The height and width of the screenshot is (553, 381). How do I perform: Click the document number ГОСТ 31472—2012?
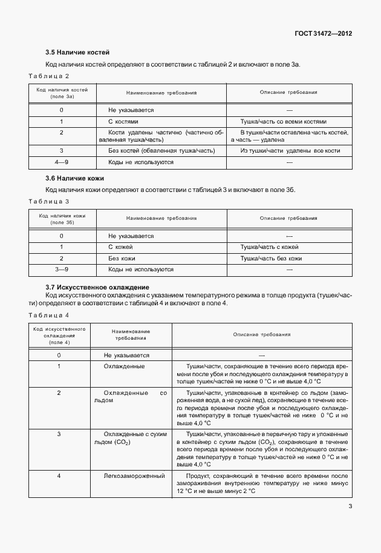323,33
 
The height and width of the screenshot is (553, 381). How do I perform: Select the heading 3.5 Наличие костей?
77,53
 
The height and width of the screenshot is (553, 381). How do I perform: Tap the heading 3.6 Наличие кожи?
74,179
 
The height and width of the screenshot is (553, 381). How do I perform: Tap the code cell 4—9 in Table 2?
62,162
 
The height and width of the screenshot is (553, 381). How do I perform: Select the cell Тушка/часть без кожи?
271,258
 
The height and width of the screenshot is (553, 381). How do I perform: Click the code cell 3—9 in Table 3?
62,269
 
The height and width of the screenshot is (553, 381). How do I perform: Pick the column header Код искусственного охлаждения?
59,335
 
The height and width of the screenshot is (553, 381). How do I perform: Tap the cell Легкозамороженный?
134,477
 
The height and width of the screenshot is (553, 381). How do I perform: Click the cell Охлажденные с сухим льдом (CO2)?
134,439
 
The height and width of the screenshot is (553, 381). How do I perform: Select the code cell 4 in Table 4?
59,477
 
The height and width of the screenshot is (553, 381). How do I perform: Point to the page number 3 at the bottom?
350,508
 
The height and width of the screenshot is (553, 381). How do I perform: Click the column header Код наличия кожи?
62,219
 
